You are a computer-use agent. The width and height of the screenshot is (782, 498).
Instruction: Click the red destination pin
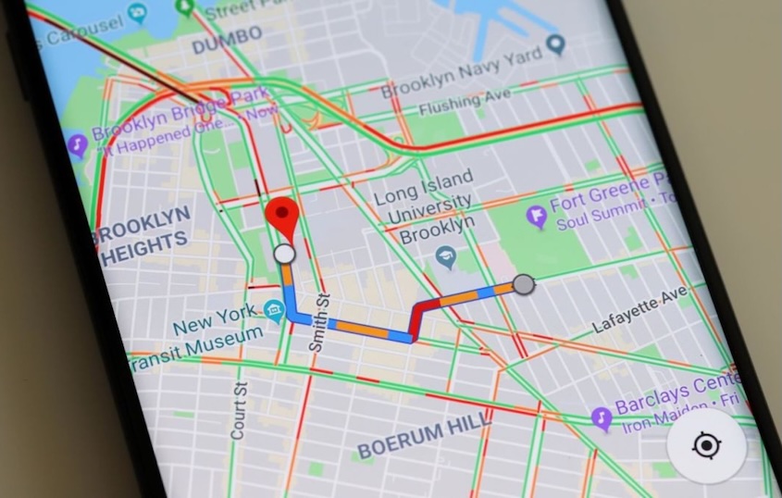285,217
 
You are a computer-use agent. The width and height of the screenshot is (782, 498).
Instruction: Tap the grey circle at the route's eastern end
524,284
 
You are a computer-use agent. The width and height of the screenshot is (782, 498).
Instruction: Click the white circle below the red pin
285,253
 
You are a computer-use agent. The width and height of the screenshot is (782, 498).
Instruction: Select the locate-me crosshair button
706,446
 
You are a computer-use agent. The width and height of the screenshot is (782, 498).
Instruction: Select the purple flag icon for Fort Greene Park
536,217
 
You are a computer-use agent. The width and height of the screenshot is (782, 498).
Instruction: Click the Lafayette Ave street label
639,311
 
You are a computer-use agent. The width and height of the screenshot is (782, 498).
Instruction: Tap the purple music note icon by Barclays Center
602,418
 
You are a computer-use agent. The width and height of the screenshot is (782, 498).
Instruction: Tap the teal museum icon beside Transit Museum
273,310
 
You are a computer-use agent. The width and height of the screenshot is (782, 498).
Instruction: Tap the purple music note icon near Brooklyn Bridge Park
77,144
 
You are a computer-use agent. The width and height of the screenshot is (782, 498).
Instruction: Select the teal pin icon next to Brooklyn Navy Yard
555,44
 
